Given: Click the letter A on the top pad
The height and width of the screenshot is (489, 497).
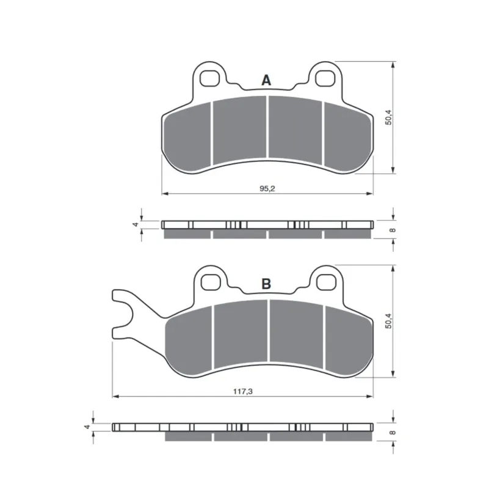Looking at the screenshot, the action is (x=266, y=80).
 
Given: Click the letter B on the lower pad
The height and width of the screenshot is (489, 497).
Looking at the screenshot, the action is (x=266, y=284).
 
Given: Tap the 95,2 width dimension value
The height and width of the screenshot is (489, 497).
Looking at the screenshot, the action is (x=267, y=188).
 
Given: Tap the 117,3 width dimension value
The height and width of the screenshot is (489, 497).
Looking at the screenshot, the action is (x=243, y=392).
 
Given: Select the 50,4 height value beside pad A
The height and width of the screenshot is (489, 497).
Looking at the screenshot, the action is (x=388, y=117).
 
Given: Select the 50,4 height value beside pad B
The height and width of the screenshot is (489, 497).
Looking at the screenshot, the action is (x=388, y=321).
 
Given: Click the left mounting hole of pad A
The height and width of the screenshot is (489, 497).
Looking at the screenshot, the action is (x=209, y=78).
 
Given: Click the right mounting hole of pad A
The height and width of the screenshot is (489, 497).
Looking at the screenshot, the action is (x=325, y=78).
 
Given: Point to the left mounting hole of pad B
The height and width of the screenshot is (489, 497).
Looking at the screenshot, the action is (x=211, y=282).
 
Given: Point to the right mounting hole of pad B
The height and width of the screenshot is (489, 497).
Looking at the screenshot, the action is (x=327, y=282).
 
